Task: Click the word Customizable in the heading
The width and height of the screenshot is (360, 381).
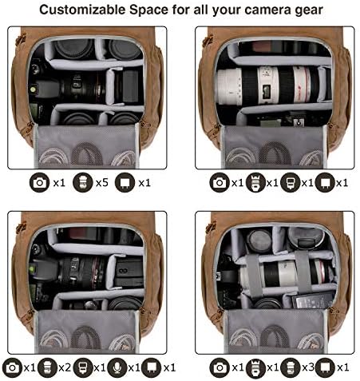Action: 83,10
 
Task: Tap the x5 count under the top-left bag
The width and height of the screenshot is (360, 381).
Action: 102,183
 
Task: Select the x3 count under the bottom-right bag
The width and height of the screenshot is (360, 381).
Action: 308,367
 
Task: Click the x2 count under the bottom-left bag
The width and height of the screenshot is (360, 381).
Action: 65,367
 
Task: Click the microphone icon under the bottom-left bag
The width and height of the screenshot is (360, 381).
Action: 117,367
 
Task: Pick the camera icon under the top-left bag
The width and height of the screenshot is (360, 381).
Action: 39,183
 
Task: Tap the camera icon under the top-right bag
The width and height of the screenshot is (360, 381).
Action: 220,183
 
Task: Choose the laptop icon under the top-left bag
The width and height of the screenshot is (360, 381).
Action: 125,183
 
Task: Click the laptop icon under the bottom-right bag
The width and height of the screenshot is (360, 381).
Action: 325,367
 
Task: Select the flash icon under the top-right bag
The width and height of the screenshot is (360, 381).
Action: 291,183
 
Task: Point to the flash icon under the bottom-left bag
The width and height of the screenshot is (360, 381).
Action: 82,367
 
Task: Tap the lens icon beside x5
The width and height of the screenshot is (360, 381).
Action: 83,183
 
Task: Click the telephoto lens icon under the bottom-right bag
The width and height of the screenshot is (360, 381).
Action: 255,367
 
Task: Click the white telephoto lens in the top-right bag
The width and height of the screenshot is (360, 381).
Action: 269,85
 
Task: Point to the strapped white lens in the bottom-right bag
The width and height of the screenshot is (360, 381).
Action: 286,273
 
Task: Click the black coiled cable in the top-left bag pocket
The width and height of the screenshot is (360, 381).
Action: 86,154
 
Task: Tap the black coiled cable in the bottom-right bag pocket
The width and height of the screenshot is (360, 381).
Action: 275,337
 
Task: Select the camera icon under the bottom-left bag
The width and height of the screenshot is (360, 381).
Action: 12,367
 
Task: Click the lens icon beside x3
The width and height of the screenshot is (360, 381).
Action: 291,367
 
